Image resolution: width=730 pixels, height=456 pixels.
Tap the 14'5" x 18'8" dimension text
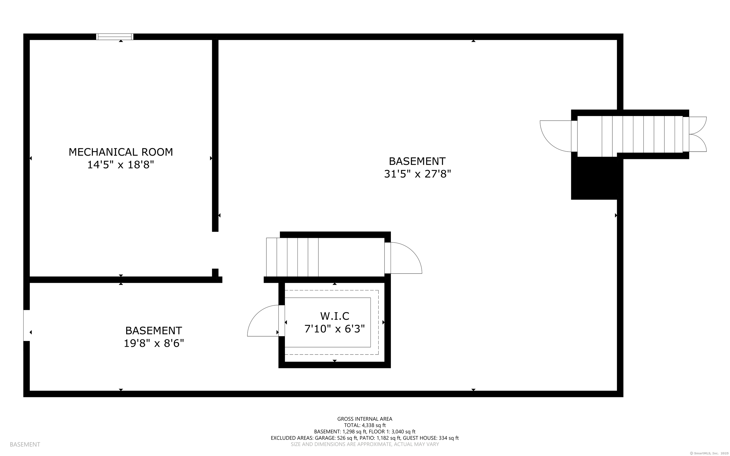point(121,165)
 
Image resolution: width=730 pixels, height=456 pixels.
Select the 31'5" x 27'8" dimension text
point(417,174)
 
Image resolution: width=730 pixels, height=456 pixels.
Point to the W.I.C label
point(335,316)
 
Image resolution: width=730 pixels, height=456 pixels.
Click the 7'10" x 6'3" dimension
point(335,329)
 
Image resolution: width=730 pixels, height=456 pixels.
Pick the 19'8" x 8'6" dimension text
point(154,343)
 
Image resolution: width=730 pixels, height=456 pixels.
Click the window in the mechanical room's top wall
point(115,37)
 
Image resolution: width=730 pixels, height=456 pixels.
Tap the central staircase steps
point(292,257)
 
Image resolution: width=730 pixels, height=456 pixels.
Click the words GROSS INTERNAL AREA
point(365,419)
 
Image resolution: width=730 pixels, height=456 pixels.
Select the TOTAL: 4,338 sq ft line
point(365,425)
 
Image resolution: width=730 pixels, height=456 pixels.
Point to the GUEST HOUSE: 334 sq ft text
point(431,438)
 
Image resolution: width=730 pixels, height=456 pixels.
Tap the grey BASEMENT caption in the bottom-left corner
point(25,444)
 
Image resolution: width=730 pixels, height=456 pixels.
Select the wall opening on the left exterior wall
point(27,325)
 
